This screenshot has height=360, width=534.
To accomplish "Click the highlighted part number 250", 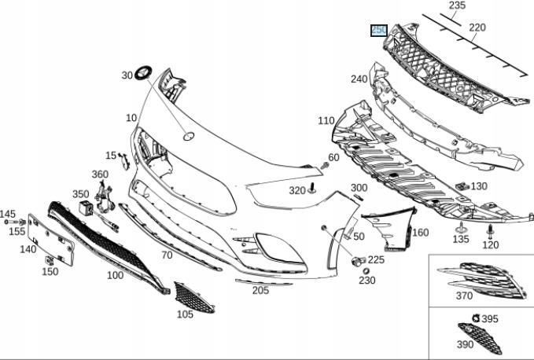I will (379, 31).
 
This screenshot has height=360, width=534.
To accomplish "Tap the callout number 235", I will (457, 6).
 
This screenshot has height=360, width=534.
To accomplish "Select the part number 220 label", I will (477, 28).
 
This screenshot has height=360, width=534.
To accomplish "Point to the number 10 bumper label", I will (131, 118).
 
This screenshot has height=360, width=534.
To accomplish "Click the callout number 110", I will (326, 121).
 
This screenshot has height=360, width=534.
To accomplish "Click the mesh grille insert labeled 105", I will (193, 296).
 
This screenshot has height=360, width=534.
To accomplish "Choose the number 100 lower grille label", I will (115, 275).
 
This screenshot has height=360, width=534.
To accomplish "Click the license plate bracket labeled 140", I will (53, 241).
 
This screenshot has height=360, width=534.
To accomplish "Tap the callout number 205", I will (260, 290).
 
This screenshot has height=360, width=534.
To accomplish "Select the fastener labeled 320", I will (311, 187).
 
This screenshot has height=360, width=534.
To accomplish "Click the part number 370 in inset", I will (464, 296).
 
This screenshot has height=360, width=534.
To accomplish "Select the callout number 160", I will (421, 233).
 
